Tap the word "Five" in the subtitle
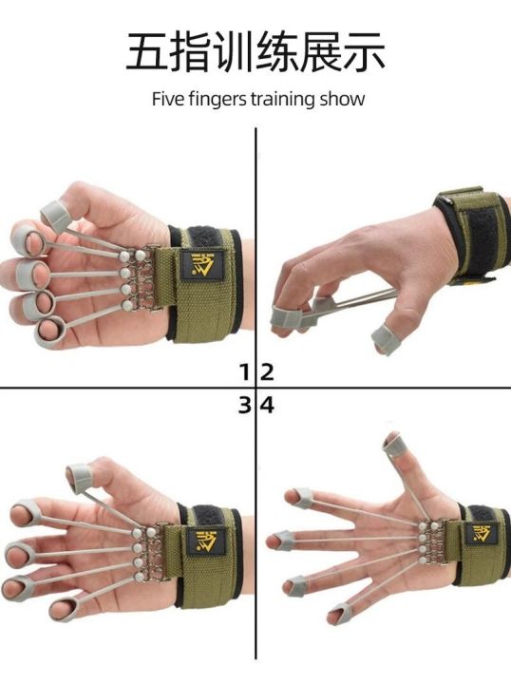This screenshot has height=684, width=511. click(x=168, y=100)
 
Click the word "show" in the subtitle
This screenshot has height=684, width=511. click(x=343, y=100)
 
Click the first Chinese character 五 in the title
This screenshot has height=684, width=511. click(x=148, y=53)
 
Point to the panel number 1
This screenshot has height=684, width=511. click(x=244, y=370)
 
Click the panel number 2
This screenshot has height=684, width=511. click(x=267, y=370)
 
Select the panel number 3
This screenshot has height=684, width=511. click(x=244, y=405)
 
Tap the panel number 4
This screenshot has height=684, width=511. click(x=267, y=405)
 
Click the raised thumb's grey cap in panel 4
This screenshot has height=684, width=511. click(x=392, y=442)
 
